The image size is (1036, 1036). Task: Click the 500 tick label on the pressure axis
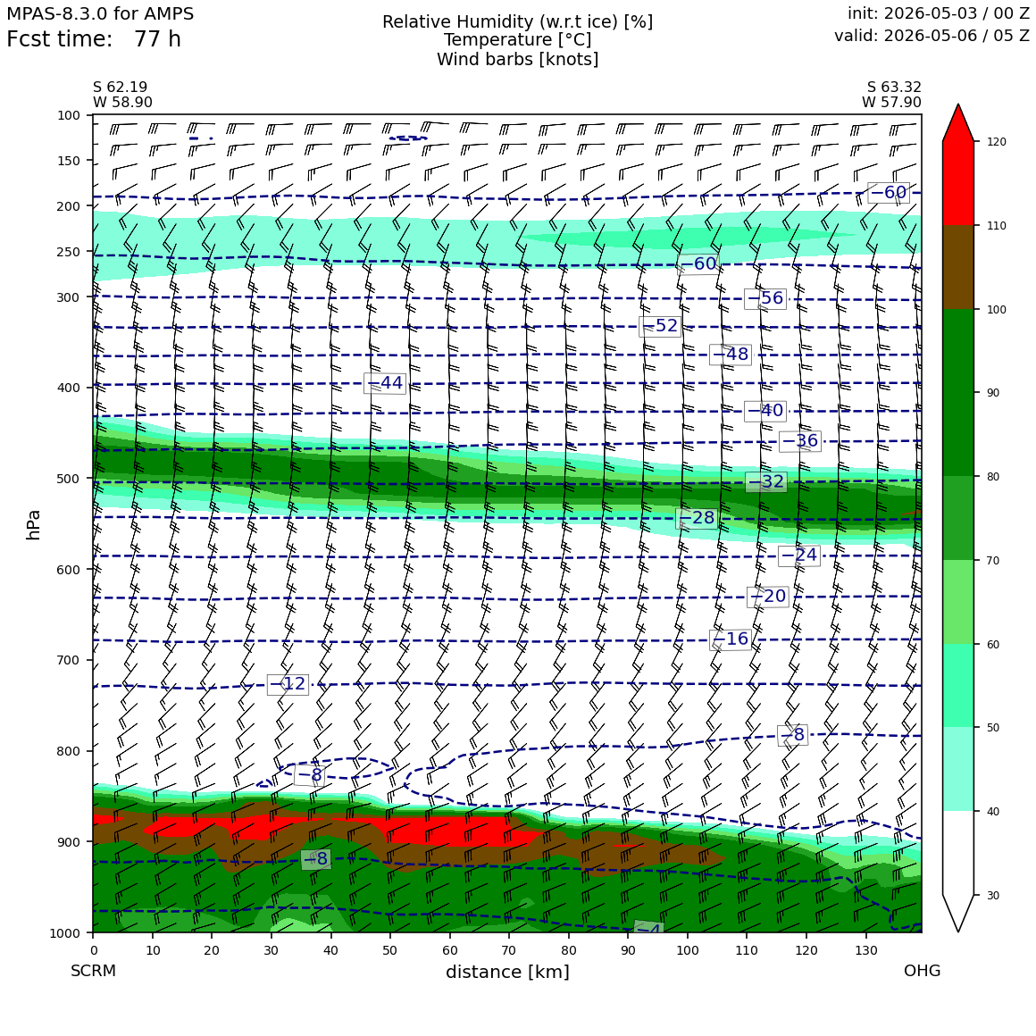[x=68, y=479]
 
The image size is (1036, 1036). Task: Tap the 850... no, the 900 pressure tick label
[x=68, y=841]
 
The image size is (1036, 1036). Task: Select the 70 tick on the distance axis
[x=509, y=951]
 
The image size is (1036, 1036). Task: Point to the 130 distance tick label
[x=865, y=951]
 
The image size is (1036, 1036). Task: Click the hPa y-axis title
[x=33, y=524]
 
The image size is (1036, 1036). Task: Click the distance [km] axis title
[x=507, y=972]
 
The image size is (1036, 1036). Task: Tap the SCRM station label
[x=93, y=971]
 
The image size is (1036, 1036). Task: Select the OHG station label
[x=922, y=971]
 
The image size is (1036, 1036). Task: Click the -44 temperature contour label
[x=385, y=382]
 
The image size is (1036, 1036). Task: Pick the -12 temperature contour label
[x=288, y=683]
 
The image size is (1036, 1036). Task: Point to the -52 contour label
[x=660, y=326]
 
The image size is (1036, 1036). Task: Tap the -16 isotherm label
[x=730, y=639]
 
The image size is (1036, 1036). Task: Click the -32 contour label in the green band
[x=765, y=481]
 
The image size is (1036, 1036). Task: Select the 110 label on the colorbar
[x=997, y=226]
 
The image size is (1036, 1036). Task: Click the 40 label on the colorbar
[x=992, y=812]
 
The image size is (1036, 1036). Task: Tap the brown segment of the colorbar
[x=958, y=268]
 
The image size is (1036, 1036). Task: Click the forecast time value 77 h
[x=157, y=39]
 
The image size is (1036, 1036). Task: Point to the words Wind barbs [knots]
[x=517, y=60]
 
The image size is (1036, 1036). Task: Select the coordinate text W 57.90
[x=891, y=102]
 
